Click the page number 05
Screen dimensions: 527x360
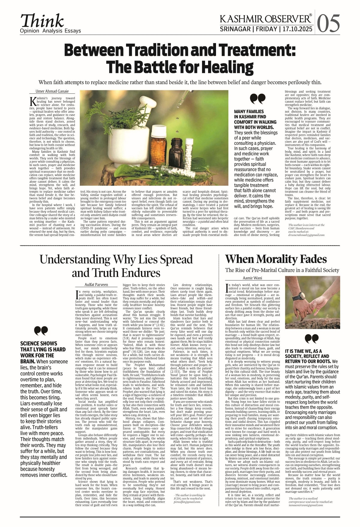[x=329, y=24]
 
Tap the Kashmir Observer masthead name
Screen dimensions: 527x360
[x=266, y=19]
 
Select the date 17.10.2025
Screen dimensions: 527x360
[x=297, y=29]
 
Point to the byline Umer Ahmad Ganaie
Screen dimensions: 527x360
[x=49, y=91]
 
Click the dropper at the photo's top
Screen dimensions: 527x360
[x=180, y=100]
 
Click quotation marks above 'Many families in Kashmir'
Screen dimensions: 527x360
[x=257, y=99]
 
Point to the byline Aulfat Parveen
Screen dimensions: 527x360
[x=96, y=284]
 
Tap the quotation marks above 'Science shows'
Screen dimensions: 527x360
[x=41, y=330]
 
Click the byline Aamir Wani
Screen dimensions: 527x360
[x=252, y=278]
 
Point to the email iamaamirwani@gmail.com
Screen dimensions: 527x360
[x=306, y=505]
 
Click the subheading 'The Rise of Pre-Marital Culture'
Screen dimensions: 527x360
[x=282, y=270]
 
